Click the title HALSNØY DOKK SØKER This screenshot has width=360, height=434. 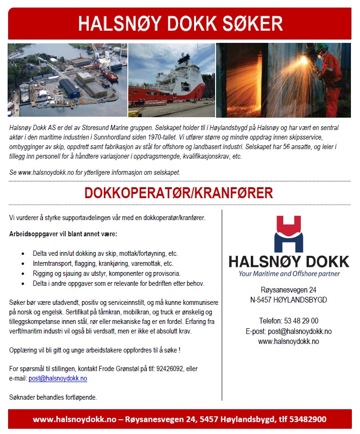pos(180,24)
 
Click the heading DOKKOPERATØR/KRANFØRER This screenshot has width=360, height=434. pos(179,193)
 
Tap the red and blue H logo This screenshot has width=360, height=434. pos(288,234)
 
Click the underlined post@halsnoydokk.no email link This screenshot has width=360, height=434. pos(58,378)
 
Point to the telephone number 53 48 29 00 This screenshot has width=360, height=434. pos(288,321)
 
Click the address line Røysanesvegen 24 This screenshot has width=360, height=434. pos(288,290)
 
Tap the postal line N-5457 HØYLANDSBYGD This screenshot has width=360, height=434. pos(288,300)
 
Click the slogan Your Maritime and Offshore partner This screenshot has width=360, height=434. pos(289,273)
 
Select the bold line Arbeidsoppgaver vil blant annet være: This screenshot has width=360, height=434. pos(63,234)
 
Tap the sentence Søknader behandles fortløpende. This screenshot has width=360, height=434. pos(53,397)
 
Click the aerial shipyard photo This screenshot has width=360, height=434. pos(67,80)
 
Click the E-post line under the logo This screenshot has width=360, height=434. pos(288,331)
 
